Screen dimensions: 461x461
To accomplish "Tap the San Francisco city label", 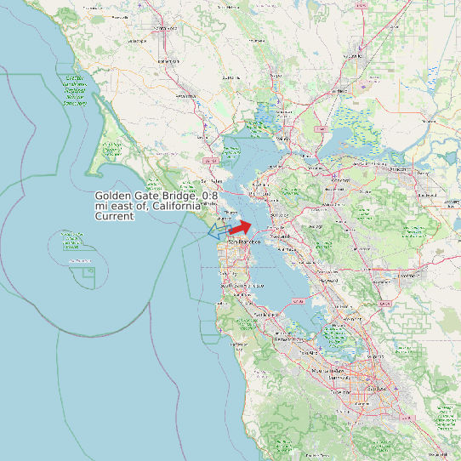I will tap(242, 242).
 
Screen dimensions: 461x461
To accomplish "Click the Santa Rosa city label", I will tap(162, 29).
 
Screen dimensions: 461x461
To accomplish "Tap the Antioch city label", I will tap(398, 168).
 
